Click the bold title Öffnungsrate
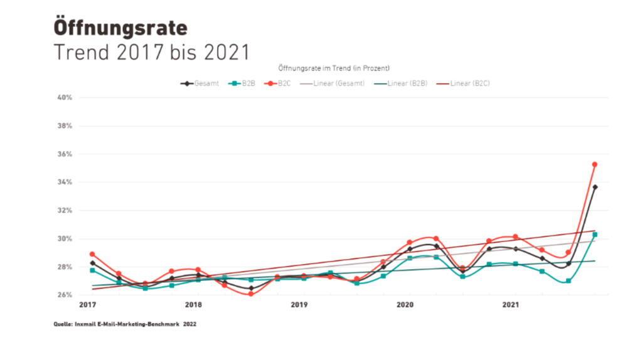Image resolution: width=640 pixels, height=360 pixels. click(120, 28)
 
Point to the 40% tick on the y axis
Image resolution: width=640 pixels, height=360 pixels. click(65, 98)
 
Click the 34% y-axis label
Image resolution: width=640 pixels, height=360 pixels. click(65, 183)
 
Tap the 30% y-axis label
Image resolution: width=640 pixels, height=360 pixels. click(65, 239)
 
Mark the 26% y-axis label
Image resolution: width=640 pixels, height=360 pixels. click(65, 295)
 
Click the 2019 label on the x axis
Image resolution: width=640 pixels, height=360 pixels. click(299, 305)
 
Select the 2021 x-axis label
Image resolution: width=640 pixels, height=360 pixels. click(511, 305)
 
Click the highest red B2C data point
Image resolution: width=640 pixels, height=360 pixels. click(595, 165)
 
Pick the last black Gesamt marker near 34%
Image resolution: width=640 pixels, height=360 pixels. click(595, 187)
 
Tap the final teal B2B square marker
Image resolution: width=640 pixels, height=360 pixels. click(595, 235)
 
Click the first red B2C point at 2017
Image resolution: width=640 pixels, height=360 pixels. click(92, 254)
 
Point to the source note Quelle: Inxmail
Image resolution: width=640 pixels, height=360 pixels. click(125, 325)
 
